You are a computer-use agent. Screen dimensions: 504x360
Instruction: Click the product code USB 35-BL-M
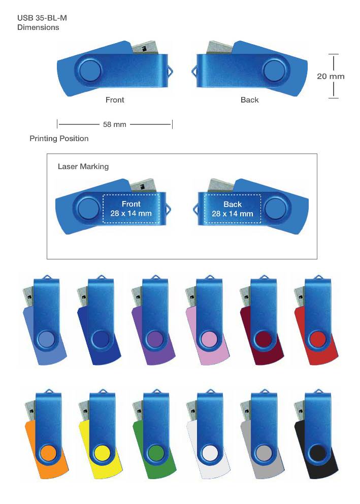pyautogui.click(x=42, y=18)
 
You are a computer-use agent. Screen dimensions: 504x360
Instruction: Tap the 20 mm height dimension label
pyautogui.click(x=331, y=76)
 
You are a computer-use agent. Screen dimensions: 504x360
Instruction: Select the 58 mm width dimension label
pyautogui.click(x=114, y=124)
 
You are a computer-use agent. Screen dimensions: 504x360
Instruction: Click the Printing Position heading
pyautogui.click(x=59, y=139)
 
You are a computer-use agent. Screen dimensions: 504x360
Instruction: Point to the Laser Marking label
pyautogui.click(x=83, y=166)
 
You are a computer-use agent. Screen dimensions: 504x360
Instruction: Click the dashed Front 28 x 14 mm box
pyautogui.click(x=131, y=209)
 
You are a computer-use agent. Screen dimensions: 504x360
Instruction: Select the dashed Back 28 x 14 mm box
pyautogui.click(x=233, y=209)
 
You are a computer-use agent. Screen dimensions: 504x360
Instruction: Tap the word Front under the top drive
pyautogui.click(x=115, y=100)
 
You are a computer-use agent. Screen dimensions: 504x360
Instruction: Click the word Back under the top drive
pyautogui.click(x=249, y=100)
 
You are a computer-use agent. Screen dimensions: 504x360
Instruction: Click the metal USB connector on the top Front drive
pyautogui.click(x=146, y=48)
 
